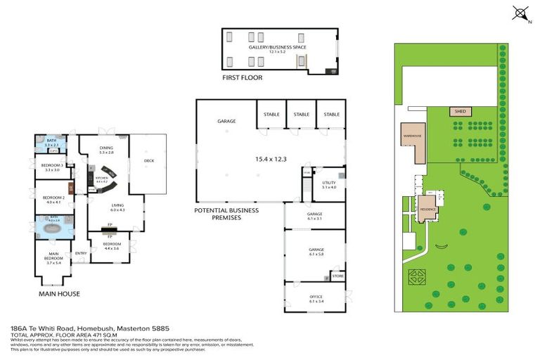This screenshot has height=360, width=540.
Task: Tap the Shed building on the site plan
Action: [461, 111]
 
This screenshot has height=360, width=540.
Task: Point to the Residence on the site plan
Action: [428, 209]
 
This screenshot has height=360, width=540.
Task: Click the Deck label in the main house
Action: [148, 160]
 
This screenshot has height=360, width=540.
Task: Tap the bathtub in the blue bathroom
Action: [53, 229]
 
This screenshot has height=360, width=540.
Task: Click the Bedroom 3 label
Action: [51, 166]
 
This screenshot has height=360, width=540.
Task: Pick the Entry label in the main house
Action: [81, 253]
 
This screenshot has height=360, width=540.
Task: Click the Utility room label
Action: [328, 184]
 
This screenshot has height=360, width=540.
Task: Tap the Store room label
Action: [337, 276]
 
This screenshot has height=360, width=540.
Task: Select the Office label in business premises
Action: [316, 297]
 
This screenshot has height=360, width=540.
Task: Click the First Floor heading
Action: [242, 77]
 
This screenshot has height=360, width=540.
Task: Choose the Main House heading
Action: [60, 293]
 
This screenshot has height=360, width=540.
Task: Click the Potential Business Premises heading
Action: [226, 214]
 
